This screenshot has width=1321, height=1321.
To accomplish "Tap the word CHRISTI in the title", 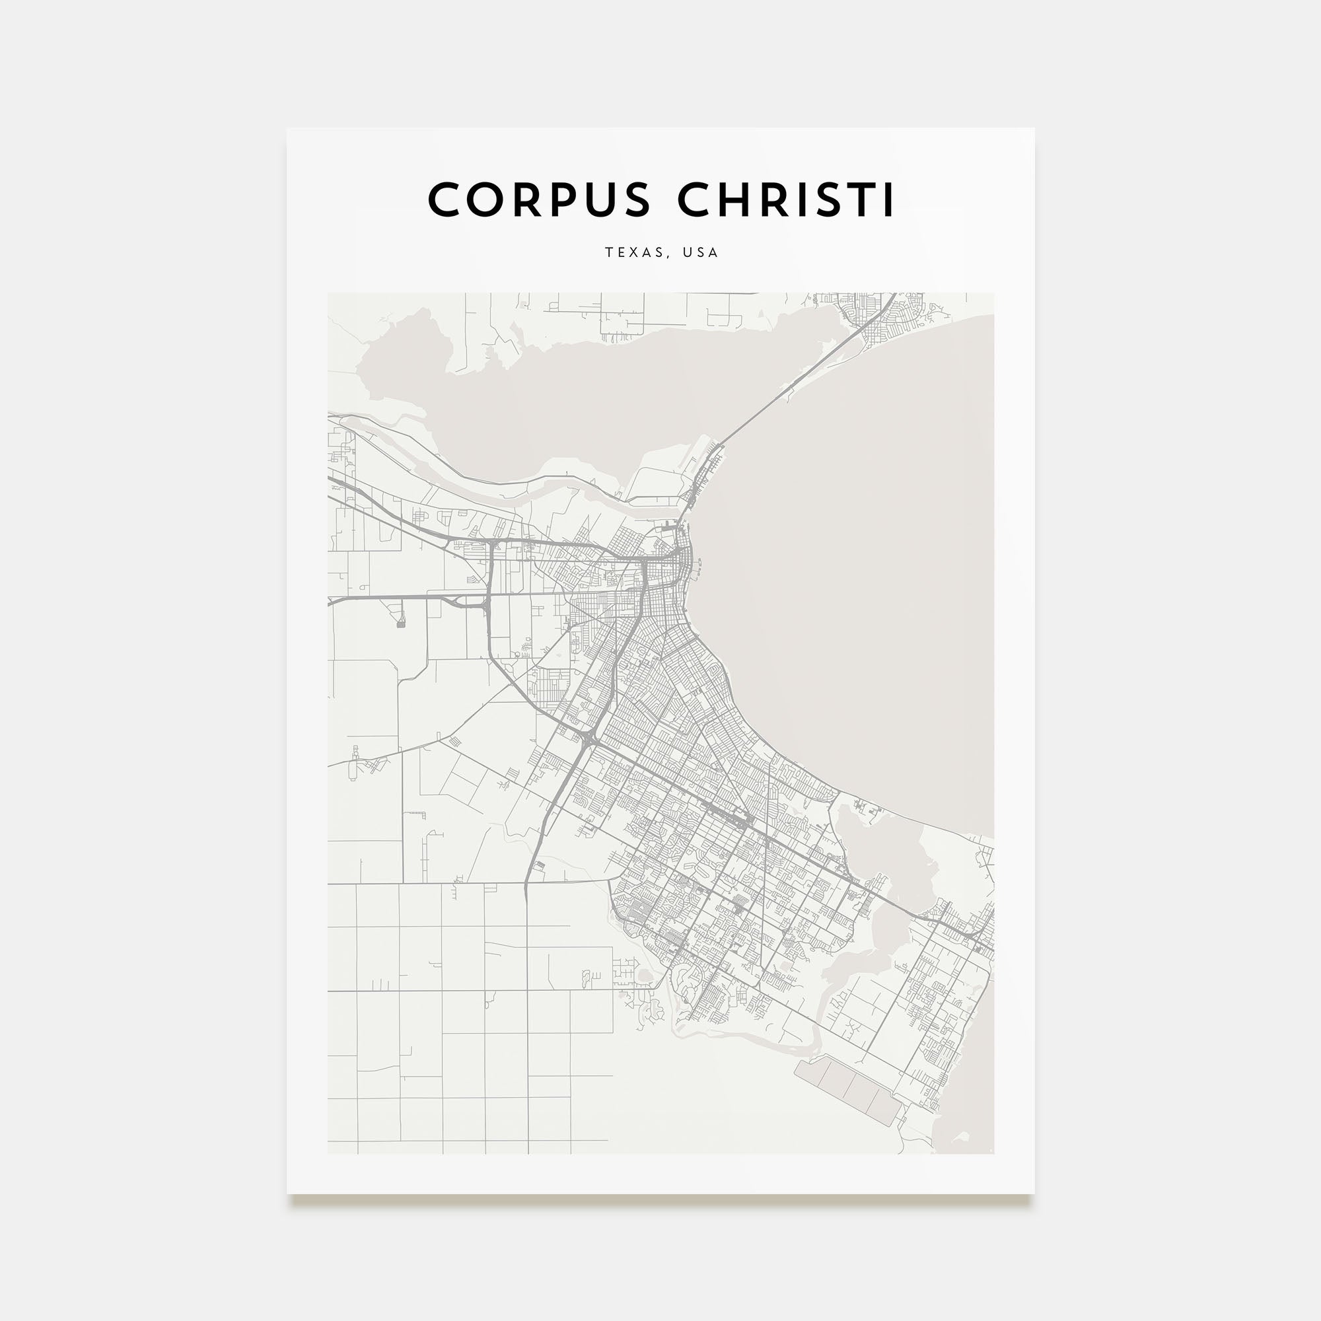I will click(x=785, y=199).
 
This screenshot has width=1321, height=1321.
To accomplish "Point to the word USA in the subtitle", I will click(x=703, y=252).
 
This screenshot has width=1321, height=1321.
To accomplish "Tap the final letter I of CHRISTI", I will click(x=888, y=199).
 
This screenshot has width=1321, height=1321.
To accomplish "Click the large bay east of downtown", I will click(x=855, y=581).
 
